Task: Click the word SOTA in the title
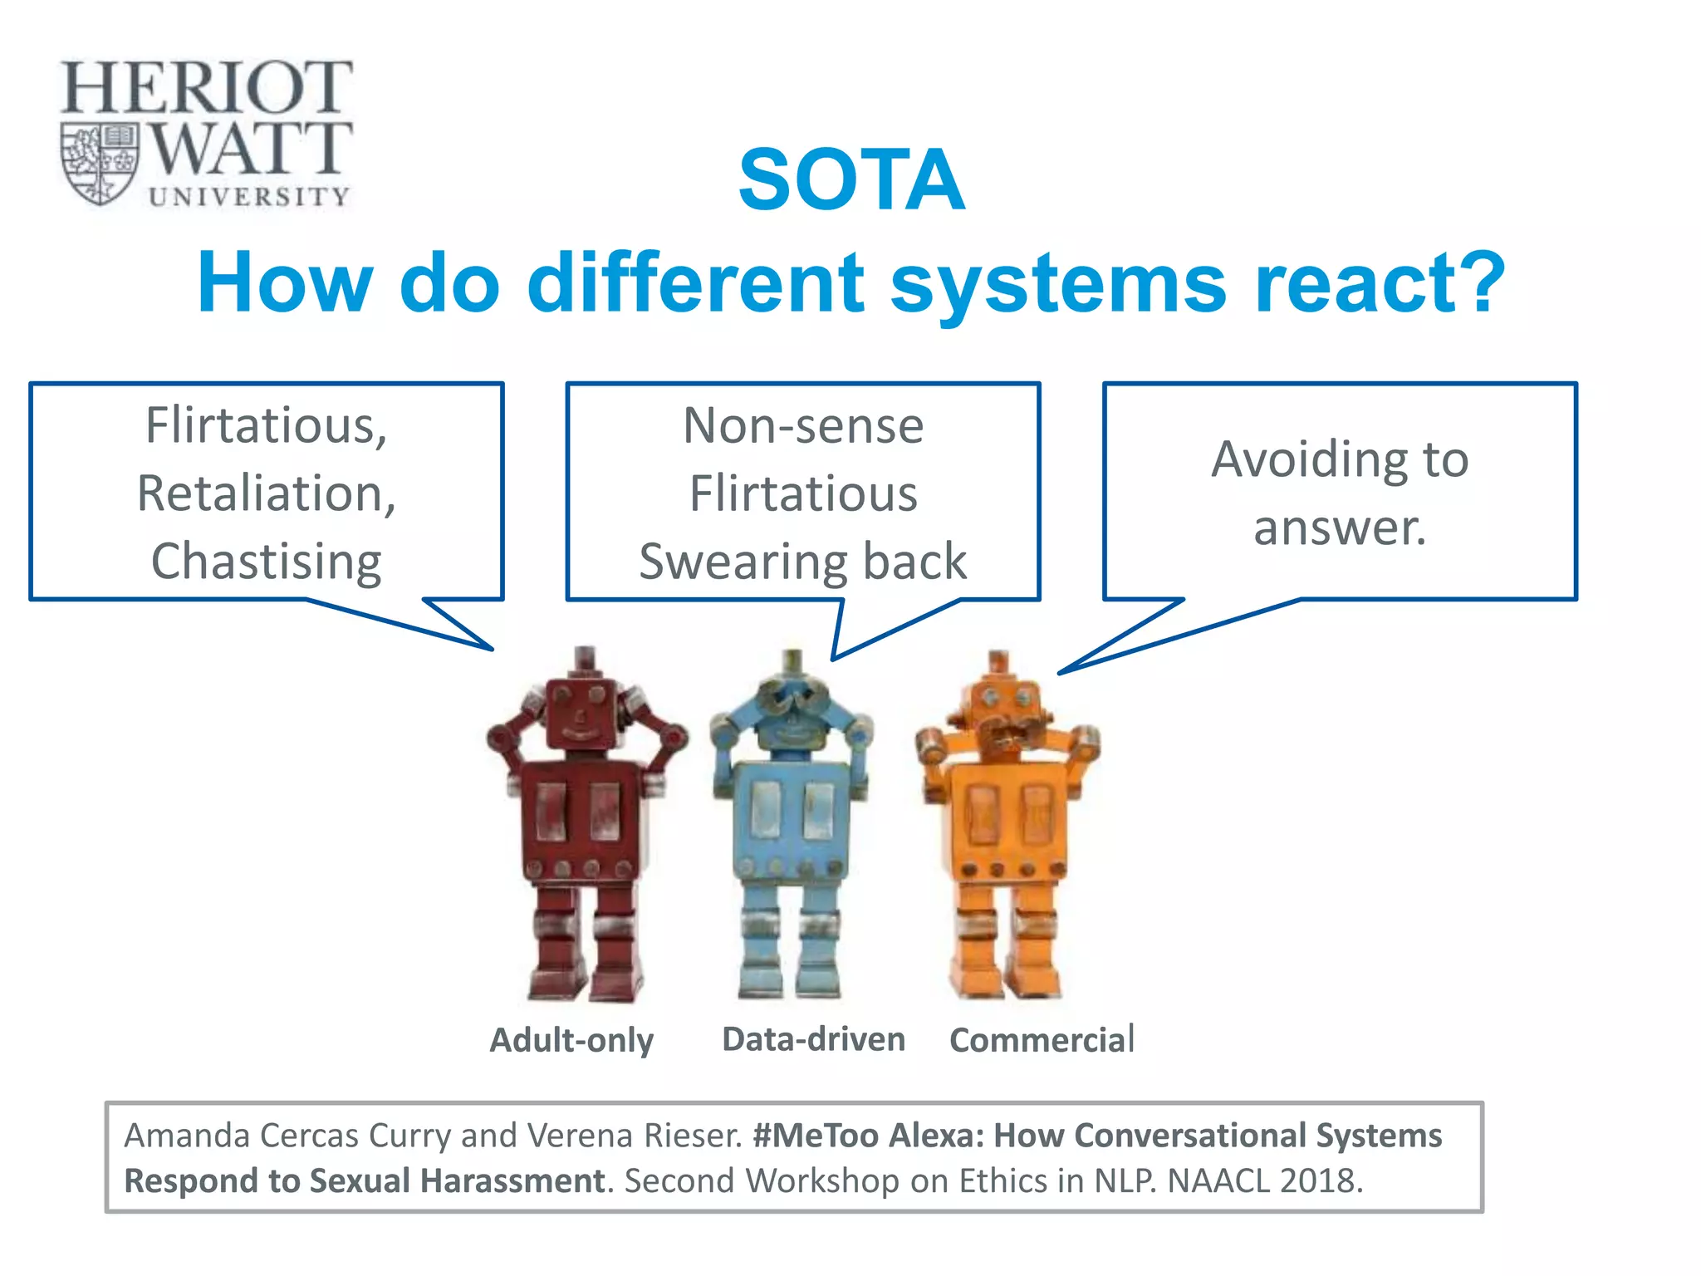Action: pos(851,180)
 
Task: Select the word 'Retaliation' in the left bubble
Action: pos(260,493)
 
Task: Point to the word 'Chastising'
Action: pos(266,562)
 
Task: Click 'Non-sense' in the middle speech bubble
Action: pos(802,426)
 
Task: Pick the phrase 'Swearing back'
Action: pos(802,562)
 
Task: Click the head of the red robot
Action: pos(581,713)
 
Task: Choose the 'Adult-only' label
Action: pos(571,1040)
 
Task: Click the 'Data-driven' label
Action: pos(813,1039)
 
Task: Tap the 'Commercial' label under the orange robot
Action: pos(1042,1040)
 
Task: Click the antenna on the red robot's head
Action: pos(585,660)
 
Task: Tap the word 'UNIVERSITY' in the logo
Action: pos(248,196)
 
